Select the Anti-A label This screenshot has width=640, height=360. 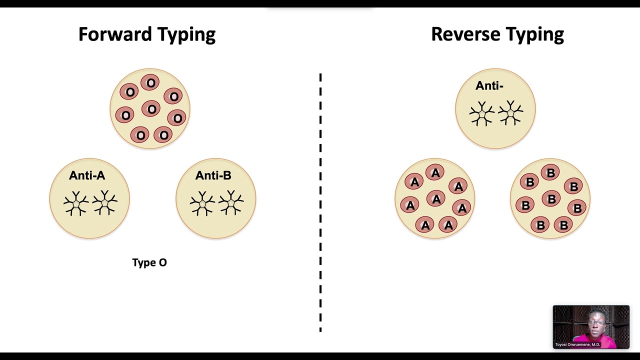(x=87, y=175)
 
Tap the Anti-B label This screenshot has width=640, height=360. (x=213, y=175)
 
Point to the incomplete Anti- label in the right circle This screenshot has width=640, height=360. (x=489, y=86)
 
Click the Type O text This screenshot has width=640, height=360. (x=149, y=262)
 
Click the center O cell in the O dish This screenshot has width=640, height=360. (x=151, y=109)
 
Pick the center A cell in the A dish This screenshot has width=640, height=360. (x=436, y=199)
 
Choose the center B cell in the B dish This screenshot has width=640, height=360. (x=551, y=199)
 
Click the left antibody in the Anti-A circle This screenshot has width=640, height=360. (x=76, y=203)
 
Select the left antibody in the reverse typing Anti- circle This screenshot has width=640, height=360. (x=482, y=113)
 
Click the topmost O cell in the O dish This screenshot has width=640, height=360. (x=150, y=83)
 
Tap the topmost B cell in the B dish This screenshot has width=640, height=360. (x=550, y=173)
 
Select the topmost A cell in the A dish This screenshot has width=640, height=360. (x=435, y=173)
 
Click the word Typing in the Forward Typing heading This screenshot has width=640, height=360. (x=186, y=34)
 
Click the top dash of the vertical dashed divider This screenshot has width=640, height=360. (x=320, y=77)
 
